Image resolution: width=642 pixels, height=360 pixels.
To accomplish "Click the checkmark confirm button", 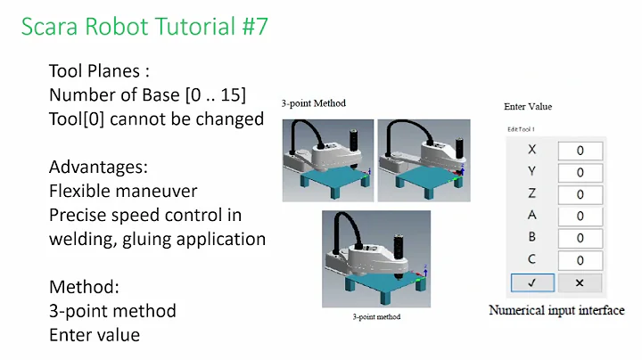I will (x=531, y=282).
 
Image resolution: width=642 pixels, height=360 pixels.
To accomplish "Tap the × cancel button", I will (x=579, y=282).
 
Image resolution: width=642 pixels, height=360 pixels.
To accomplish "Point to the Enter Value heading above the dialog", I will (x=528, y=107).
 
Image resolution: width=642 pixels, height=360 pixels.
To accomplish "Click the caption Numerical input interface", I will (x=556, y=310).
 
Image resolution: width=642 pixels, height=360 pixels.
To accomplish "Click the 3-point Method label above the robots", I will (x=313, y=103).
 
